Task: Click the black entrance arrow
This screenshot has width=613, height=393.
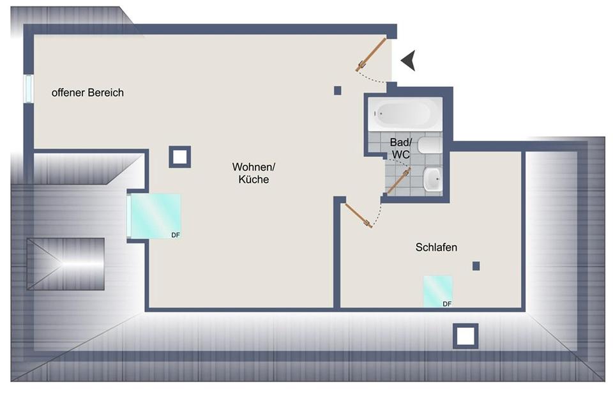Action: [409, 61]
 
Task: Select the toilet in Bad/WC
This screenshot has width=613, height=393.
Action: [430, 146]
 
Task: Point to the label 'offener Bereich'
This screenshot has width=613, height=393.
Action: [87, 93]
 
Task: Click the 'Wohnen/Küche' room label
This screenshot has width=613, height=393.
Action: [254, 173]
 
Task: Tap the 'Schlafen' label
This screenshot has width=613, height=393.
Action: [436, 247]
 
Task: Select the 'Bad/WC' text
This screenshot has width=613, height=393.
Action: [401, 148]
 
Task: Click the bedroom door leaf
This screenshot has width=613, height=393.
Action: [358, 214]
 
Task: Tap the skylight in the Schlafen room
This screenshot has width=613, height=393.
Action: [438, 291]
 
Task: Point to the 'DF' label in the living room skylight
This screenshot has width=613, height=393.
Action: [175, 235]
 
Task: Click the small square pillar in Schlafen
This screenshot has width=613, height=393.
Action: [476, 266]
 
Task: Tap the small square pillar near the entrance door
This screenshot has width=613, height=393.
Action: [338, 90]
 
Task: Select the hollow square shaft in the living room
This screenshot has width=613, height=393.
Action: [180, 157]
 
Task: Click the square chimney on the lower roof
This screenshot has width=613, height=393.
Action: [465, 335]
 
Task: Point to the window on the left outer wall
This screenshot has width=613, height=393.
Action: [28, 88]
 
